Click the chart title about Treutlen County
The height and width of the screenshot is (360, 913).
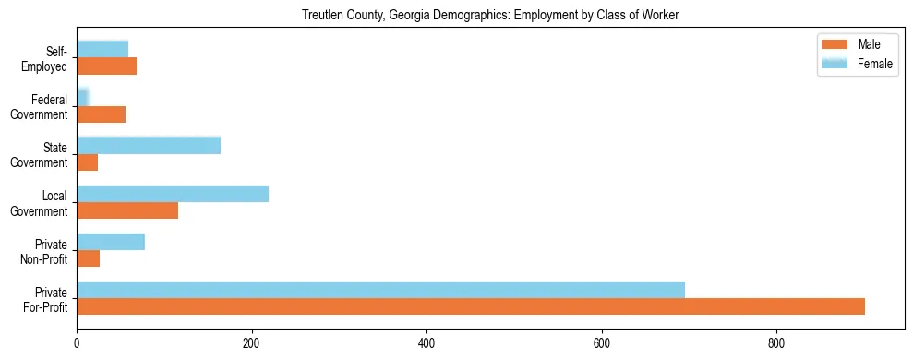(490, 16)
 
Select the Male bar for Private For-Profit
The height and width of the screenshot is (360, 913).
(471, 306)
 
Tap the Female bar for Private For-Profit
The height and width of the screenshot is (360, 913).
(380, 289)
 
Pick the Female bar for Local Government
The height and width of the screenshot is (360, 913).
(173, 194)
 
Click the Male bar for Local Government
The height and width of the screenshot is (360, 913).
(127, 210)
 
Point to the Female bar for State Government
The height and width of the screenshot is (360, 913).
(149, 145)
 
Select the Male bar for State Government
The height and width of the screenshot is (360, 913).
(88, 162)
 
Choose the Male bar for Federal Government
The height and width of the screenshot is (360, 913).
(102, 114)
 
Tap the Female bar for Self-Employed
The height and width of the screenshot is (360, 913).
(102, 49)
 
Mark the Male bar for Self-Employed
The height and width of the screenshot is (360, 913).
(107, 66)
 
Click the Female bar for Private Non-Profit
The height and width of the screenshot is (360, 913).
(111, 242)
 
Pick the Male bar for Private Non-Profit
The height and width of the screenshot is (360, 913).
(89, 258)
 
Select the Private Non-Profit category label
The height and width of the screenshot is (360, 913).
(45, 251)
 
